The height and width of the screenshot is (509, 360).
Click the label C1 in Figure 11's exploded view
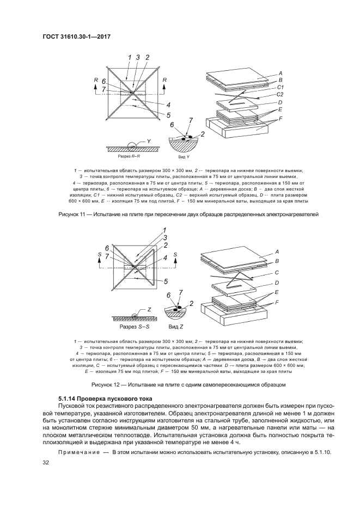281,87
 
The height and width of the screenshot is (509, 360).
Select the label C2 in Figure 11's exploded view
281,94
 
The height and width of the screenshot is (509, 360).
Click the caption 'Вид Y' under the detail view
184,156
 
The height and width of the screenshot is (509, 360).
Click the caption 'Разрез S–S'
132,327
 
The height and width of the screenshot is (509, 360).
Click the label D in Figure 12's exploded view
278,283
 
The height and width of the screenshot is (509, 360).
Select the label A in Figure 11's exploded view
280,73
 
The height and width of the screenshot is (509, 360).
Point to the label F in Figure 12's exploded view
279,302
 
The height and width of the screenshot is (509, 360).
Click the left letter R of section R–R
96,80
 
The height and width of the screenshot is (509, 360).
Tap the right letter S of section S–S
175,254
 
